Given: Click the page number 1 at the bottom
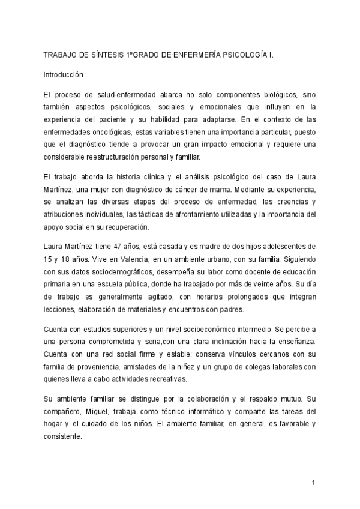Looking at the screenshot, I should click(313, 483).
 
